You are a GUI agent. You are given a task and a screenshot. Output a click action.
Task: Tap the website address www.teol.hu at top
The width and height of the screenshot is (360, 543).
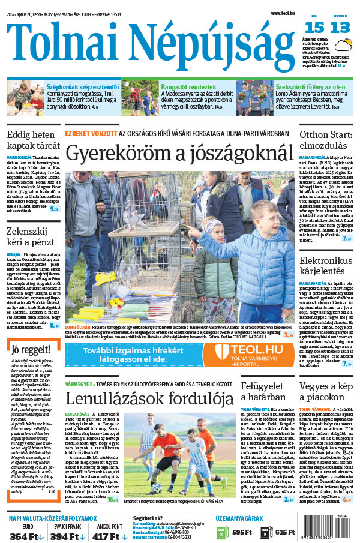pyautogui.click(x=284, y=13)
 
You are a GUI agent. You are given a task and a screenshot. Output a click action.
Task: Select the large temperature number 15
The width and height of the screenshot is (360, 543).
pyautogui.click(x=315, y=27)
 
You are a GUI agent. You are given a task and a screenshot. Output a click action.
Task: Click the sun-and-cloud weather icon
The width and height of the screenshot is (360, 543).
pyautogui.click(x=344, y=44)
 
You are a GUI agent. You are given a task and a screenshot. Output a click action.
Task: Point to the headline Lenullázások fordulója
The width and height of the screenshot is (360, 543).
pyautogui.click(x=149, y=398)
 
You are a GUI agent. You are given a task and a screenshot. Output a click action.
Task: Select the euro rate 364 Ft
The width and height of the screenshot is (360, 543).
pyautogui.click(x=24, y=536)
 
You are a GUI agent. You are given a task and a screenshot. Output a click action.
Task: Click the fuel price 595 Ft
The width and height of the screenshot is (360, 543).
pyautogui.click(x=242, y=532)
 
